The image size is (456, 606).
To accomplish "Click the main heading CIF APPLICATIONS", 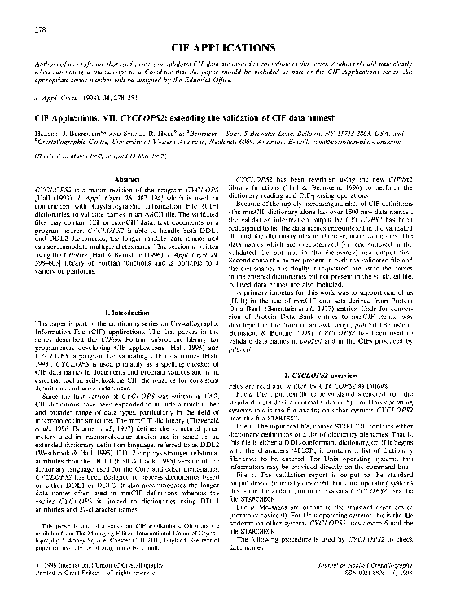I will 227,48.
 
